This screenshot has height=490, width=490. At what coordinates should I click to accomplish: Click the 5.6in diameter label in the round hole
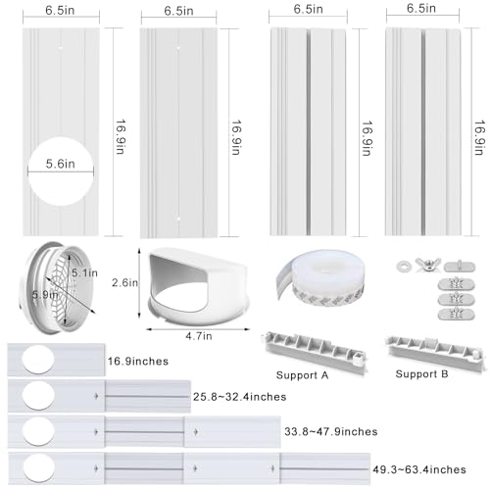(61, 164)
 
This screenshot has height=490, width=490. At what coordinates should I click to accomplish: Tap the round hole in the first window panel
(61, 171)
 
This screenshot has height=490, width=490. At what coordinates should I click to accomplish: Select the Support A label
(302, 375)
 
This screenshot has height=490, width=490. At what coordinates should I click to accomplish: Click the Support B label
(421, 374)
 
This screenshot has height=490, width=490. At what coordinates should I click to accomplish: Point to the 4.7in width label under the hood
(199, 336)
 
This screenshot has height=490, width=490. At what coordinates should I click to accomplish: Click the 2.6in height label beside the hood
(124, 283)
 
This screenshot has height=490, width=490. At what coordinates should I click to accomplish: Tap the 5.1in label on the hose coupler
(84, 273)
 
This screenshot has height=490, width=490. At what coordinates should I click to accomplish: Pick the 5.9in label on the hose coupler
(45, 295)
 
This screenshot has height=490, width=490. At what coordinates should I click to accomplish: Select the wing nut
(428, 265)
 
